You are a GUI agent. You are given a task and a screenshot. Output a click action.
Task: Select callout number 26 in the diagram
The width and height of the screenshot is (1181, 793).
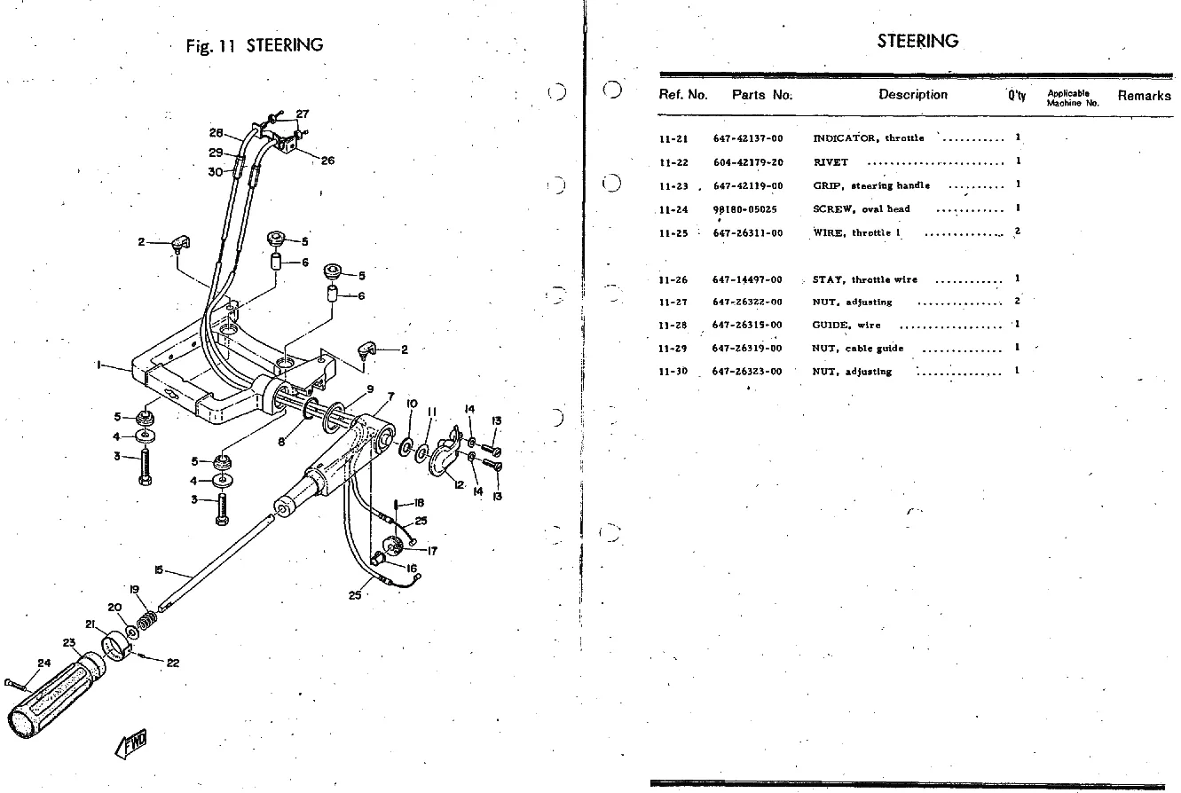click(x=327, y=161)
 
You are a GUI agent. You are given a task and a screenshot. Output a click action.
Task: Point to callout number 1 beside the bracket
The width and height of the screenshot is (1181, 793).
click(x=100, y=365)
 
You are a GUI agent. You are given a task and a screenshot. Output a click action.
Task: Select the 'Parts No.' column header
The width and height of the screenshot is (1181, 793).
click(x=761, y=95)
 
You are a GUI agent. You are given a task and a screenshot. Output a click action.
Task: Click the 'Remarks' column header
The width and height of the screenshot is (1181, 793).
click(x=1144, y=96)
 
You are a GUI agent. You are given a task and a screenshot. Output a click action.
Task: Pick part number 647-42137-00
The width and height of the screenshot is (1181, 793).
click(x=748, y=138)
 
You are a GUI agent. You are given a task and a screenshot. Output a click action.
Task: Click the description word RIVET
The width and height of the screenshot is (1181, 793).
click(x=830, y=162)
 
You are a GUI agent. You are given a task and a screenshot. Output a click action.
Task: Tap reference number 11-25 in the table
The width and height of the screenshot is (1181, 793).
click(x=674, y=233)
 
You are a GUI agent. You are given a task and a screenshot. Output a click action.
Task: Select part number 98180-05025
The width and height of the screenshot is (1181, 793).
click(x=744, y=209)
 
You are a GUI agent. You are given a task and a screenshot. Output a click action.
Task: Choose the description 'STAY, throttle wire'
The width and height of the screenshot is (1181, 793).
click(x=864, y=279)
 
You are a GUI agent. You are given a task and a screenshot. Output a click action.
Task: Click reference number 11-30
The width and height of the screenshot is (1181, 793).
click(x=674, y=372)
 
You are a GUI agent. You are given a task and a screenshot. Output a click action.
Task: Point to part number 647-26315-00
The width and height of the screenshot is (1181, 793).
click(x=747, y=326)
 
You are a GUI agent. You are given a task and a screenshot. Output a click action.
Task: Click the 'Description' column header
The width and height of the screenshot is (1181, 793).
click(x=912, y=95)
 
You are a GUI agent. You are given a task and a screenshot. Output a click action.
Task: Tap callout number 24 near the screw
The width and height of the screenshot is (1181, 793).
click(x=44, y=663)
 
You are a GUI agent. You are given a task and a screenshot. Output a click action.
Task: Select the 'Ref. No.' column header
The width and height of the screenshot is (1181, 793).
click(x=682, y=95)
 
